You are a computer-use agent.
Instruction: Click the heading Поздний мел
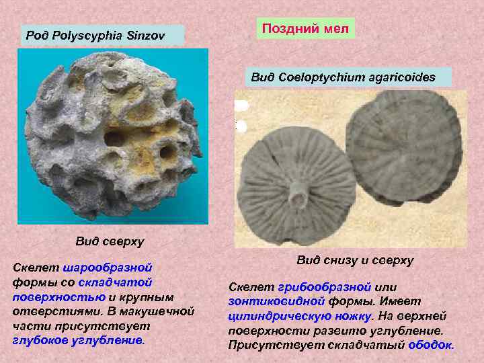[307, 28]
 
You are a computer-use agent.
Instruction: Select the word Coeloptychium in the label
[321, 77]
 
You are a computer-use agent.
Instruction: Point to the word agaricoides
[402, 77]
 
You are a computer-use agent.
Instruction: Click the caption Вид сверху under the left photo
[110, 241]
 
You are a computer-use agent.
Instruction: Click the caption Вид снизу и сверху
[355, 260]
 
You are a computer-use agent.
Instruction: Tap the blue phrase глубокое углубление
[78, 340]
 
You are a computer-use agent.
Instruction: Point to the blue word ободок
[431, 345]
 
